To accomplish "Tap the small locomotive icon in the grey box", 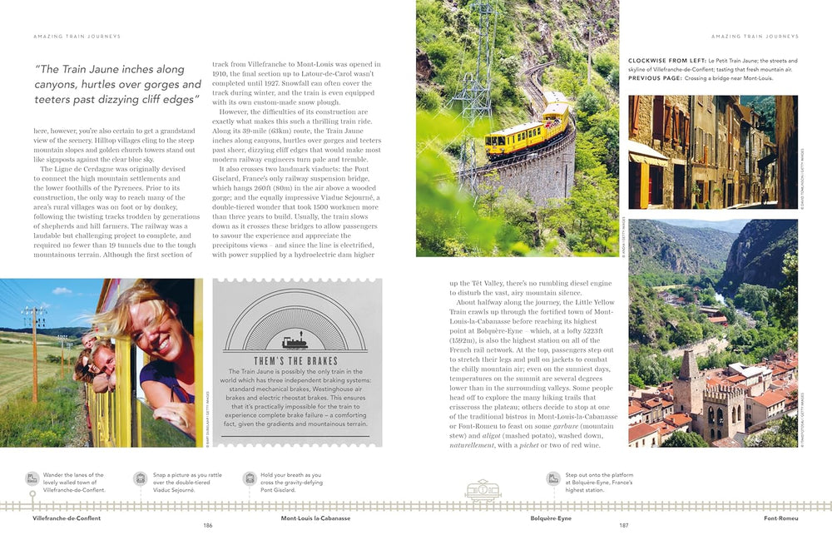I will (296, 341).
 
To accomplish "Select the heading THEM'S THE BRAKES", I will (296, 360).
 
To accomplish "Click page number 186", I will (208, 525).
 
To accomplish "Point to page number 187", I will (624, 525).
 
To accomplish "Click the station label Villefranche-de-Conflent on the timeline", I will (67, 518).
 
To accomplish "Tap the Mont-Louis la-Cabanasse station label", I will (315, 518).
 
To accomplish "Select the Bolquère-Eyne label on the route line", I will (551, 518).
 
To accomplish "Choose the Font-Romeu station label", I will (780, 518).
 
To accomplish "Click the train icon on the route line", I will (483, 490).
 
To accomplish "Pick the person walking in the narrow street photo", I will (764, 197).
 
